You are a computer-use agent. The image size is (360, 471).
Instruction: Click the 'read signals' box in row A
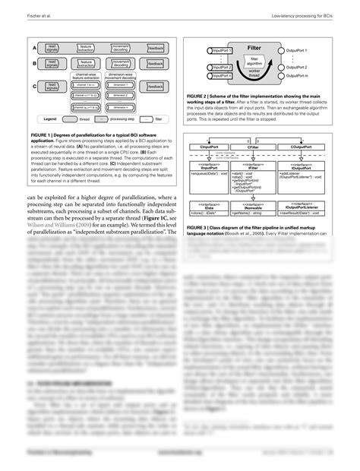pos(52,48)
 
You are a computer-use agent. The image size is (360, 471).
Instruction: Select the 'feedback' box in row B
pos(156,64)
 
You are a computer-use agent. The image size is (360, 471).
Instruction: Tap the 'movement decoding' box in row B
pos(122,64)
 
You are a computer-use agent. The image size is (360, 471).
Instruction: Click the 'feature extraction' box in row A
pos(86,48)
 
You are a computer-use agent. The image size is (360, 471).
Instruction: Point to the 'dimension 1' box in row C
pos(122,85)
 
